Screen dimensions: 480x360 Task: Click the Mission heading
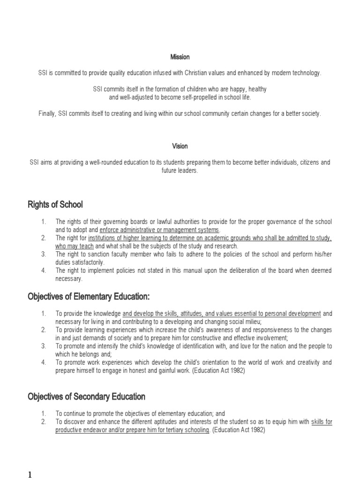[x=180, y=57]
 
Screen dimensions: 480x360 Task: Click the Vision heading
[x=180, y=146]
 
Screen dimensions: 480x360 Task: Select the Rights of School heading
[x=55, y=204]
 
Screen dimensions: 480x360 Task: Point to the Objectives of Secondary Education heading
[x=86, y=397]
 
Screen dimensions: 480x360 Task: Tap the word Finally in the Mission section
[x=47, y=114]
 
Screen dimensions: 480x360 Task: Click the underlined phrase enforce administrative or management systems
[x=159, y=230]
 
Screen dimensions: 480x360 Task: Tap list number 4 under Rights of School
[x=43, y=270]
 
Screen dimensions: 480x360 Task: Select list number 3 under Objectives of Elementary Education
[x=43, y=346]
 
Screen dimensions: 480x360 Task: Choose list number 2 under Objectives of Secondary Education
[x=43, y=422]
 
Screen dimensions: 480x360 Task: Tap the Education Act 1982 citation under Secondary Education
[x=239, y=430]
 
